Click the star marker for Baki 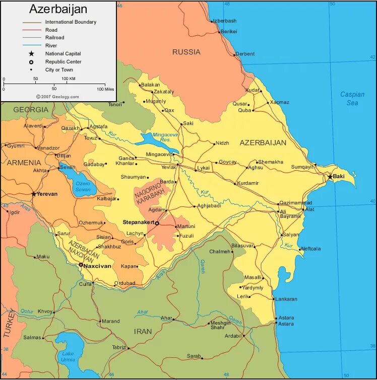click(330, 177)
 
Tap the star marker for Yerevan click(34, 194)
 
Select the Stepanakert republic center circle click(157, 223)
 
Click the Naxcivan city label click(97, 265)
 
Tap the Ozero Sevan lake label click(83, 186)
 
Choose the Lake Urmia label click(68, 356)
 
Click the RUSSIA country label click(186, 52)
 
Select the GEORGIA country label click(31, 110)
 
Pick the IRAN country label click(143, 331)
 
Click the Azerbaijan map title click(58, 9)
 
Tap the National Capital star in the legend click(31, 54)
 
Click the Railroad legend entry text click(55, 38)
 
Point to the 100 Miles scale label click(105, 89)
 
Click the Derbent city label click(245, 54)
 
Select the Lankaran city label click(286, 299)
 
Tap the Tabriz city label click(119, 347)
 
